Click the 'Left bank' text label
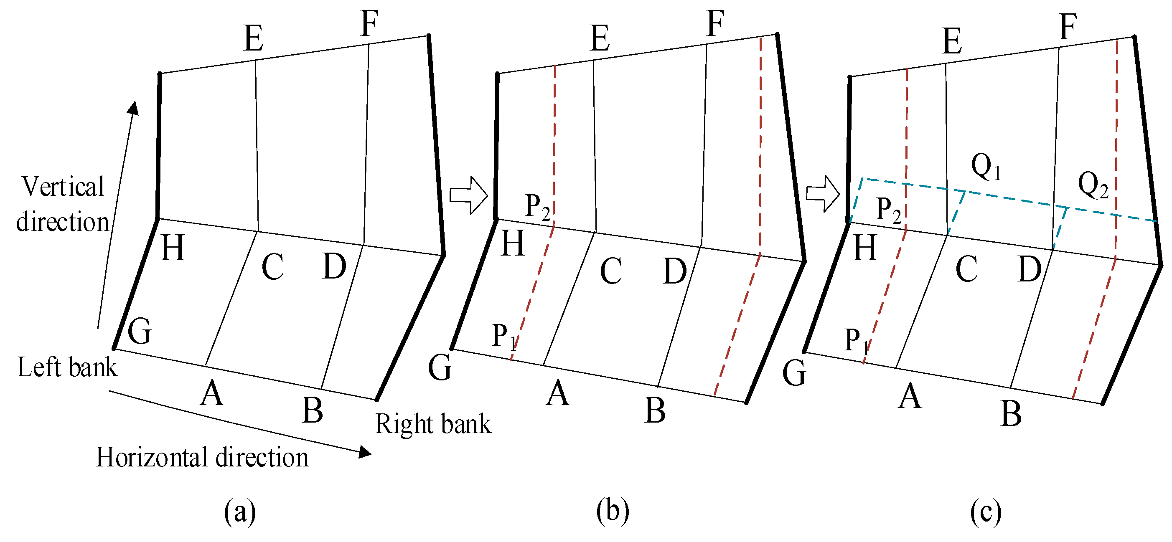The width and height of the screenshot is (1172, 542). [x=67, y=367]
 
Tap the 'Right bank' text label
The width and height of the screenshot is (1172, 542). [x=433, y=424]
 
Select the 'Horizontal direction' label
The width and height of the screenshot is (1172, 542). [x=202, y=457]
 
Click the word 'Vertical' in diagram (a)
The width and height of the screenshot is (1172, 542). [x=63, y=187]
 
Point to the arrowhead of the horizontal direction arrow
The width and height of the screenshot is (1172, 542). [x=365, y=452]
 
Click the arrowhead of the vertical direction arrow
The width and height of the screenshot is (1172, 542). [x=133, y=108]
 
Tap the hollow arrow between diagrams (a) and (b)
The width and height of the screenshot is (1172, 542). [x=468, y=195]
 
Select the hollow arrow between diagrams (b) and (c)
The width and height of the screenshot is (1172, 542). [x=822, y=194]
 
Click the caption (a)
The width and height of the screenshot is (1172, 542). [x=240, y=512]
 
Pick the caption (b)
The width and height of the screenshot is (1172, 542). [x=613, y=511]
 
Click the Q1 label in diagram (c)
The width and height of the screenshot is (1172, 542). [x=986, y=167]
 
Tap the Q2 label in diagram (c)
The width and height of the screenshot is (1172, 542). [x=1093, y=185]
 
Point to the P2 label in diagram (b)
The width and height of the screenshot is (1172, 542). [x=537, y=207]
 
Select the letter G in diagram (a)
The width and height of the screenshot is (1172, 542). [x=139, y=331]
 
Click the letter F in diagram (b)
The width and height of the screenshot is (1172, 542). [x=715, y=24]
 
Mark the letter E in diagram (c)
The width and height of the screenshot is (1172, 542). [x=952, y=41]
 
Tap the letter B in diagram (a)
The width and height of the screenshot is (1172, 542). [x=313, y=410]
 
